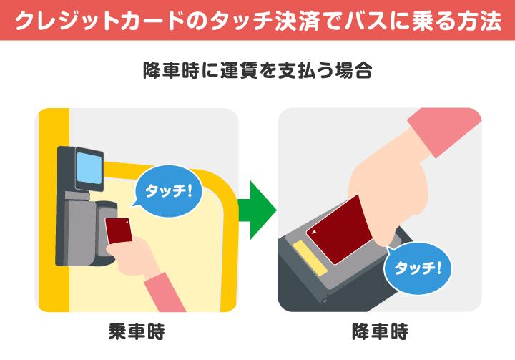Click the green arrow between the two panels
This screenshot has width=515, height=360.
click(x=256, y=210)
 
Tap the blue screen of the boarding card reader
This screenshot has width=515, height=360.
click(x=89, y=167)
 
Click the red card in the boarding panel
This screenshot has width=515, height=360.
click(x=119, y=230)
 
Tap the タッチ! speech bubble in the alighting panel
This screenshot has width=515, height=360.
click(x=418, y=268)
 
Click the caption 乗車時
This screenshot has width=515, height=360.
click(x=137, y=331)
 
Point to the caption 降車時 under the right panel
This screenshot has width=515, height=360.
click(x=380, y=331)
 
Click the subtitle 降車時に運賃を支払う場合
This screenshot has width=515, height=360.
click(x=257, y=70)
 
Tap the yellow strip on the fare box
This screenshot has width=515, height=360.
click(x=310, y=258)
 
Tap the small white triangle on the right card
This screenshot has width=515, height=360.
click(x=314, y=232)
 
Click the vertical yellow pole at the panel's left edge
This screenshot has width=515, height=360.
click(x=54, y=210)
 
